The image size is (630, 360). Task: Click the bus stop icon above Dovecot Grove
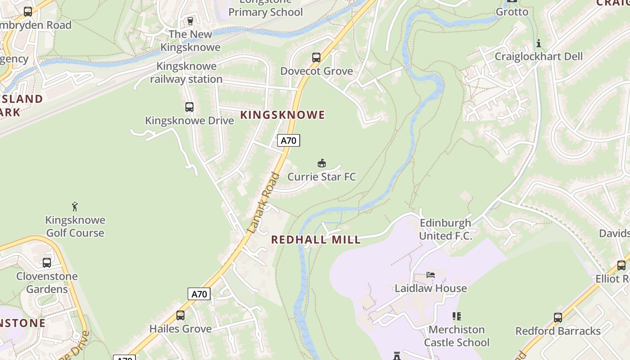pyautogui.click(x=316, y=58)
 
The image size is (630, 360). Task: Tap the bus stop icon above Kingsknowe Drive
pyautogui.click(x=189, y=107)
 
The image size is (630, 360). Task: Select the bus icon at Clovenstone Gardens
pyautogui.click(x=47, y=263)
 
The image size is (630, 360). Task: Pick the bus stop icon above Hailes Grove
pyautogui.click(x=180, y=315)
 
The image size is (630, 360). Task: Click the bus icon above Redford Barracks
pyautogui.click(x=558, y=318)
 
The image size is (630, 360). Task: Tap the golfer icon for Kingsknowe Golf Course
pyautogui.click(x=75, y=207)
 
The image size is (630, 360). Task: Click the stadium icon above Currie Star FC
pyautogui.click(x=321, y=163)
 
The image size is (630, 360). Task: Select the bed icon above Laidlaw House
pyautogui.click(x=431, y=275)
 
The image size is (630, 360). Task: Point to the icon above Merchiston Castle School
pyautogui.click(x=457, y=316)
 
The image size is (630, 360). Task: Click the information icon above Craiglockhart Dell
pyautogui.click(x=539, y=44)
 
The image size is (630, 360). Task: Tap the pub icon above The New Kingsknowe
pyautogui.click(x=190, y=21)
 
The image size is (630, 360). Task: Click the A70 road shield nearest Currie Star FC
pyautogui.click(x=288, y=141)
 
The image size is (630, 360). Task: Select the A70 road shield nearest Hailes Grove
pyautogui.click(x=199, y=294)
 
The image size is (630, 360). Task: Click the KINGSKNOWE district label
pyautogui.click(x=283, y=115)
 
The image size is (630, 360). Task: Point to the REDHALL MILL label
pyautogui.click(x=316, y=240)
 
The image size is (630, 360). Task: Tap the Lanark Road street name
pyautogui.click(x=264, y=203)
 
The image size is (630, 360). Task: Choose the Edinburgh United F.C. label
pyautogui.click(x=445, y=229)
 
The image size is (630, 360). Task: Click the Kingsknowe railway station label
pyautogui.click(x=186, y=72)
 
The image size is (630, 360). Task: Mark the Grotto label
pyautogui.click(x=512, y=12)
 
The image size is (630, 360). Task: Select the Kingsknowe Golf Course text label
pyautogui.click(x=75, y=226)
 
